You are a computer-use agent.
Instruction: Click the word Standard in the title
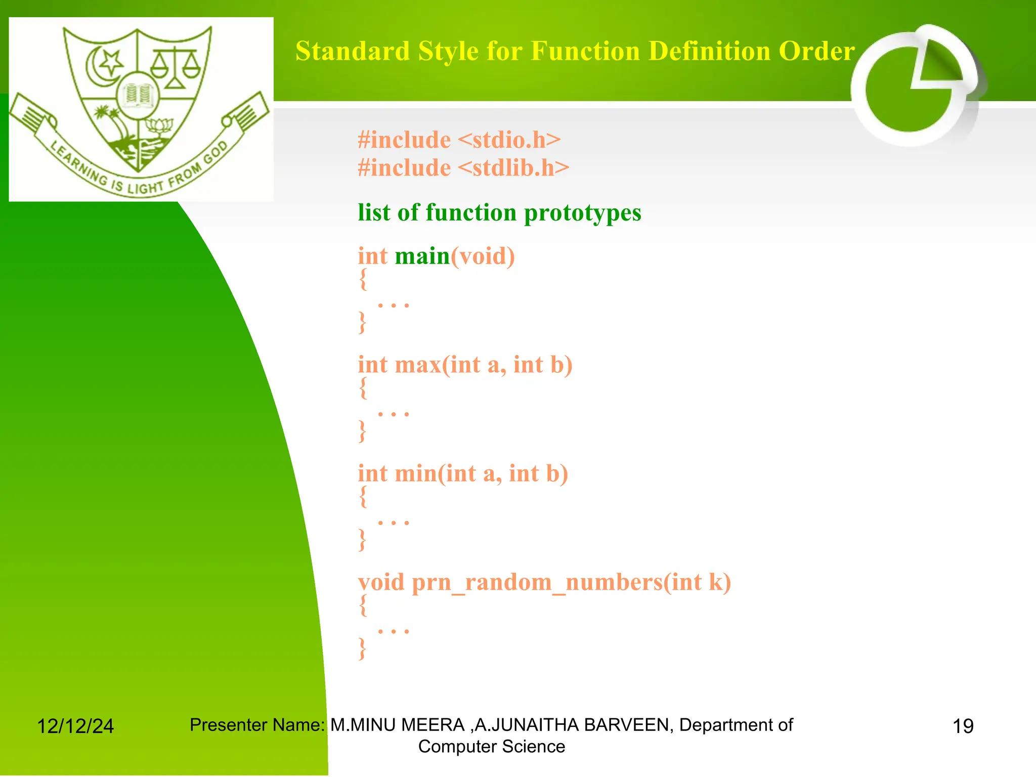352,51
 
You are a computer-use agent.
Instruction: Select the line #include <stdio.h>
459,140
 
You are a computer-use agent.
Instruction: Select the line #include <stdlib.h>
463,168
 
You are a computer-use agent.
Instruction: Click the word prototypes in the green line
582,212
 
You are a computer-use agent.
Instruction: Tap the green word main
422,256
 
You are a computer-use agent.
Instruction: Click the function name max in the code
417,365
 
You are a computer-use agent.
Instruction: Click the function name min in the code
415,474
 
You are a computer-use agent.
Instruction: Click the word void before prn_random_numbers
381,583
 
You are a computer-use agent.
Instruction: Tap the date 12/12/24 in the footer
75,726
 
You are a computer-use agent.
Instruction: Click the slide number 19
963,726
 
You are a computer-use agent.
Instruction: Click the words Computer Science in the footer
491,747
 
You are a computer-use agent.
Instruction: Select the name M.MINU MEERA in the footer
397,725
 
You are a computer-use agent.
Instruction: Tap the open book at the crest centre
138,95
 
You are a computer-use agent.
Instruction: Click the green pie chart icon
911,89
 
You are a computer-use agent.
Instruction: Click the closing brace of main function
362,322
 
